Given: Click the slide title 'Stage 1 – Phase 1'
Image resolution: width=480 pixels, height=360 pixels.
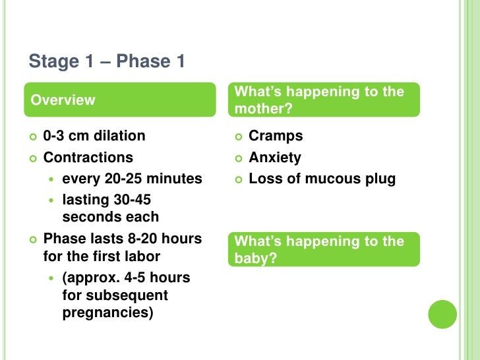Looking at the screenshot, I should (107, 62).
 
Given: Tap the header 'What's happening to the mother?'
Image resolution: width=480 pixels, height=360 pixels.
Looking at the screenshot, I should (324, 100).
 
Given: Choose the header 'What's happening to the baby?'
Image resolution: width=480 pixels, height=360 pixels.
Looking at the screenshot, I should (324, 249).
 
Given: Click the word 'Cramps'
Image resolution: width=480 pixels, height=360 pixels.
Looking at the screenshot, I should (276, 136).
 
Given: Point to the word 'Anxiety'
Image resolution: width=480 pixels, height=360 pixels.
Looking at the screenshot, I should (275, 158).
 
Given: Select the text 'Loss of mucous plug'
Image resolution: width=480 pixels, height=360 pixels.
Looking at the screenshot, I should (322, 179).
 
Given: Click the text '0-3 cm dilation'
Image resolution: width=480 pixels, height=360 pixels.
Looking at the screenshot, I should (94, 136).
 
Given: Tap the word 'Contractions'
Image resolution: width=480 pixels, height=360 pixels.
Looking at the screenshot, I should (88, 158).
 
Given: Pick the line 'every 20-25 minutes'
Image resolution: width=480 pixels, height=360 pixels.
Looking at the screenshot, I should (132, 179).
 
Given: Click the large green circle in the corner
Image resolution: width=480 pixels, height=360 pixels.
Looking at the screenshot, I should (442, 314).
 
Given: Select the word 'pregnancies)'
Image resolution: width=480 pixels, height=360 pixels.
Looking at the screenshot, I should (108, 313).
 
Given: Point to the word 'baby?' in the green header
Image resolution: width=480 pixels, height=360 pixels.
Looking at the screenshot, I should (256, 258).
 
